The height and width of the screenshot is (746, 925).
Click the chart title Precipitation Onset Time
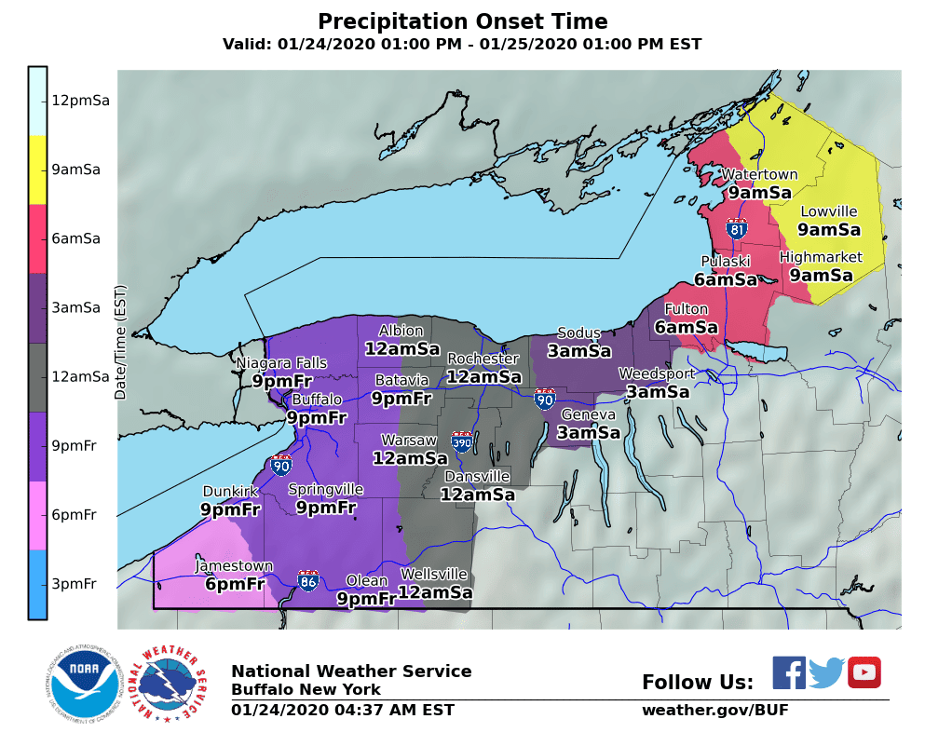[x=462, y=21]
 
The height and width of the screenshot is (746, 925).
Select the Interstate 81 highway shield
[x=736, y=227]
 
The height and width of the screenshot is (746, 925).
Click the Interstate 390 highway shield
[x=461, y=441]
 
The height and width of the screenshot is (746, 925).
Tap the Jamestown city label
[x=234, y=566]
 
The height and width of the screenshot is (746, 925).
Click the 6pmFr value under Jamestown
[x=234, y=584]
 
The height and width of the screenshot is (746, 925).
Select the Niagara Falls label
[x=281, y=362]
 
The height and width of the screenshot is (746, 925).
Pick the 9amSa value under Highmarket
[x=821, y=275]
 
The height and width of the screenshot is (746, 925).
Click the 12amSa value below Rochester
[x=483, y=376]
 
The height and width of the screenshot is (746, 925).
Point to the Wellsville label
[x=434, y=574]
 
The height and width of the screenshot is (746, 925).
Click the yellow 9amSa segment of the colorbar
[x=37, y=170]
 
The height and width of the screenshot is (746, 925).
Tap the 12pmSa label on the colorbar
[x=80, y=101]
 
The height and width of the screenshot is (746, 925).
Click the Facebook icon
[x=789, y=672]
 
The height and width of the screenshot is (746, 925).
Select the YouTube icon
[x=864, y=672]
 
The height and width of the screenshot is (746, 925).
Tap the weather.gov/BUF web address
[x=714, y=711]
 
